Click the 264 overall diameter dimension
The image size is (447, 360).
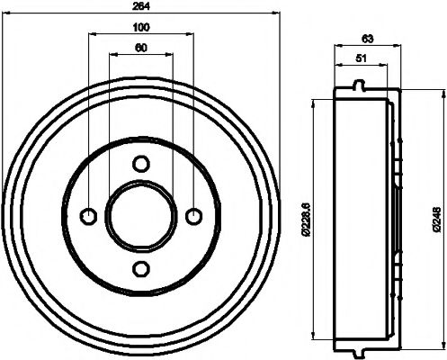coord(141,6)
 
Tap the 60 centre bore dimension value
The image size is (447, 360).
coord(141,49)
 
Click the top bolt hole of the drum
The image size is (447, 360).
coord(141,164)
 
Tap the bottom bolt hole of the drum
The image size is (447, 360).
coord(141,269)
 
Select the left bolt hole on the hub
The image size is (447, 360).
coord(89,216)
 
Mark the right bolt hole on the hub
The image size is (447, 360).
coord(193,216)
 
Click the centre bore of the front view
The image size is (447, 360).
coord(141,216)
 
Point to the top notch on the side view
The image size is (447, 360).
coord(360,86)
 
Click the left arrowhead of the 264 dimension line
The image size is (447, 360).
coord(5,13)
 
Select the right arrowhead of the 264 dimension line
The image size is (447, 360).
coord(277,13)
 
